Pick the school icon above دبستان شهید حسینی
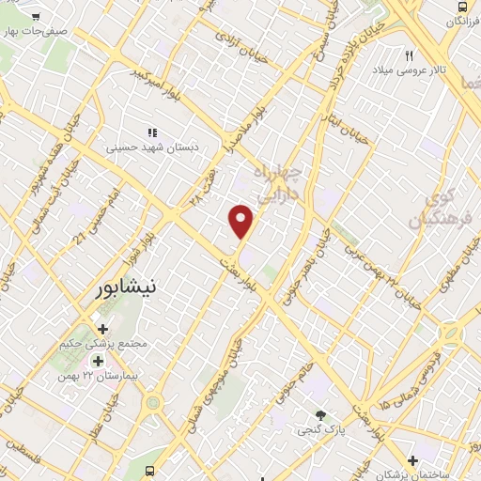(151, 132)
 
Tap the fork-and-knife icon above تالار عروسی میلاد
(409, 56)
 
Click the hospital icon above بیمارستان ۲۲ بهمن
(98, 361)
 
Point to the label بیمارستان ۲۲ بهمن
(98, 376)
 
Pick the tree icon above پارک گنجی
(321, 415)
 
